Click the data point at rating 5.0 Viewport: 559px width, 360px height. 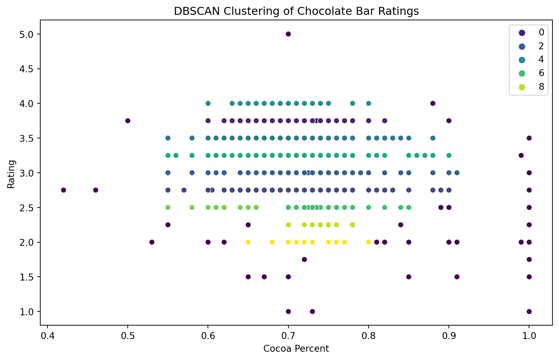click(x=288, y=34)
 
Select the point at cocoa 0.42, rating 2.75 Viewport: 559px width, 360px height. click(x=63, y=190)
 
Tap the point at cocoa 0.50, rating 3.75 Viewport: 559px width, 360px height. click(x=128, y=120)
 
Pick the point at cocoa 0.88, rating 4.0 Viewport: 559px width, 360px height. click(x=433, y=103)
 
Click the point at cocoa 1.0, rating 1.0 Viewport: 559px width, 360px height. click(x=529, y=311)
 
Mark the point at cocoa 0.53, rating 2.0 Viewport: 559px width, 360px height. click(x=152, y=242)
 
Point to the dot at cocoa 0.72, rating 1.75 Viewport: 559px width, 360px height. click(x=304, y=260)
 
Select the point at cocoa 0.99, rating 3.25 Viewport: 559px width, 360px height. click(x=521, y=155)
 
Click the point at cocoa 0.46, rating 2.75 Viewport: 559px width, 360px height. click(x=96, y=190)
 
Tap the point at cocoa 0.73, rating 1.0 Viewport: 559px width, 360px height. click(x=313, y=311)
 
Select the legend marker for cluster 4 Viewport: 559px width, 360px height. click(x=522, y=60)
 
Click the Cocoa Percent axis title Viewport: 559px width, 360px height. click(x=296, y=349)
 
